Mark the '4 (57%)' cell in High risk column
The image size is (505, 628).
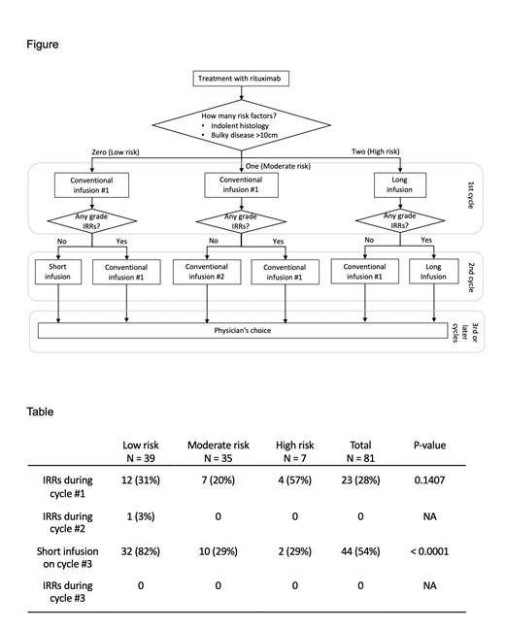pyautogui.click(x=293, y=482)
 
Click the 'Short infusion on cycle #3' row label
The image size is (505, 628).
pyautogui.click(x=66, y=556)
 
